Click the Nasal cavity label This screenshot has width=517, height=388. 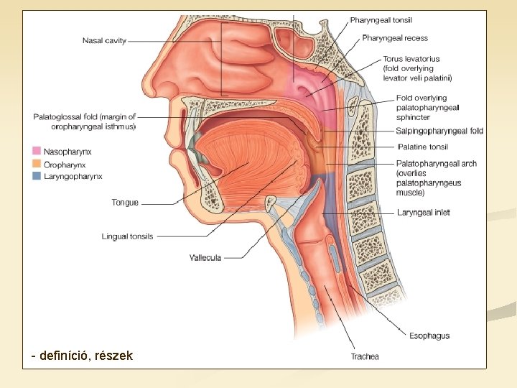104,40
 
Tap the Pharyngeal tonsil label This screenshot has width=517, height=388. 381,20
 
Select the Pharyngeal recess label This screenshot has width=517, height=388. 395,38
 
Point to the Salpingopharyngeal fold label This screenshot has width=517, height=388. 439,131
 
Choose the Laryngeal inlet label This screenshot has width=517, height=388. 423,213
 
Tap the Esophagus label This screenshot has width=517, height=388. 429,336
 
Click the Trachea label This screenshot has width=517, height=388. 365,356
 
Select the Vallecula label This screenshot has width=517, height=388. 205,257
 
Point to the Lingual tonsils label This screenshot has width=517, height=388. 127,236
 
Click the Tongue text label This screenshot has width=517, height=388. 125,203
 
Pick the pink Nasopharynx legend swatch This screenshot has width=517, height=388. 36,152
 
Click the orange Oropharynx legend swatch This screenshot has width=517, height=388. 36,164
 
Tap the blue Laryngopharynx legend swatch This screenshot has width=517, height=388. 36,175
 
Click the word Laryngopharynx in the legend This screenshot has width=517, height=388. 73,175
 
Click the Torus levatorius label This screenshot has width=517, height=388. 411,59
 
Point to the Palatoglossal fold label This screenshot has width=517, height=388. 85,121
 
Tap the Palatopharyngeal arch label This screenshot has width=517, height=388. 436,164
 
